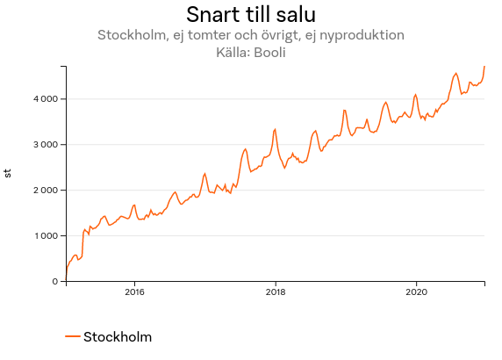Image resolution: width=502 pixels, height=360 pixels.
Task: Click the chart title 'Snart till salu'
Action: point(251,15)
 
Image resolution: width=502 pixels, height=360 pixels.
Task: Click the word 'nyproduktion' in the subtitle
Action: point(362,36)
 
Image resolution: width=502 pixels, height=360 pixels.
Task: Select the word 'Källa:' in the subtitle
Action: point(232,52)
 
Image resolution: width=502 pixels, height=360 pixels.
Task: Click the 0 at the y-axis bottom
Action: point(55,281)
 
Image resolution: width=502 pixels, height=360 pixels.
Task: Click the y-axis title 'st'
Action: point(9,173)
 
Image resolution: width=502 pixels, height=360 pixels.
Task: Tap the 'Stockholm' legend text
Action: point(118,337)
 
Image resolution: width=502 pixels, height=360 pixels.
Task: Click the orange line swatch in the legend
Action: point(73,337)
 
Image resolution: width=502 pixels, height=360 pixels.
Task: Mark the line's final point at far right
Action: point(484,67)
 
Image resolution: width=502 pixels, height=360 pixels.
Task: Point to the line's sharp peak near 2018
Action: point(275,129)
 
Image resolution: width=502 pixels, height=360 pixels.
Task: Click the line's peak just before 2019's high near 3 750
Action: point(345,110)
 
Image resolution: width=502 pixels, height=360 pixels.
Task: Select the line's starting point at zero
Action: point(66,281)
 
